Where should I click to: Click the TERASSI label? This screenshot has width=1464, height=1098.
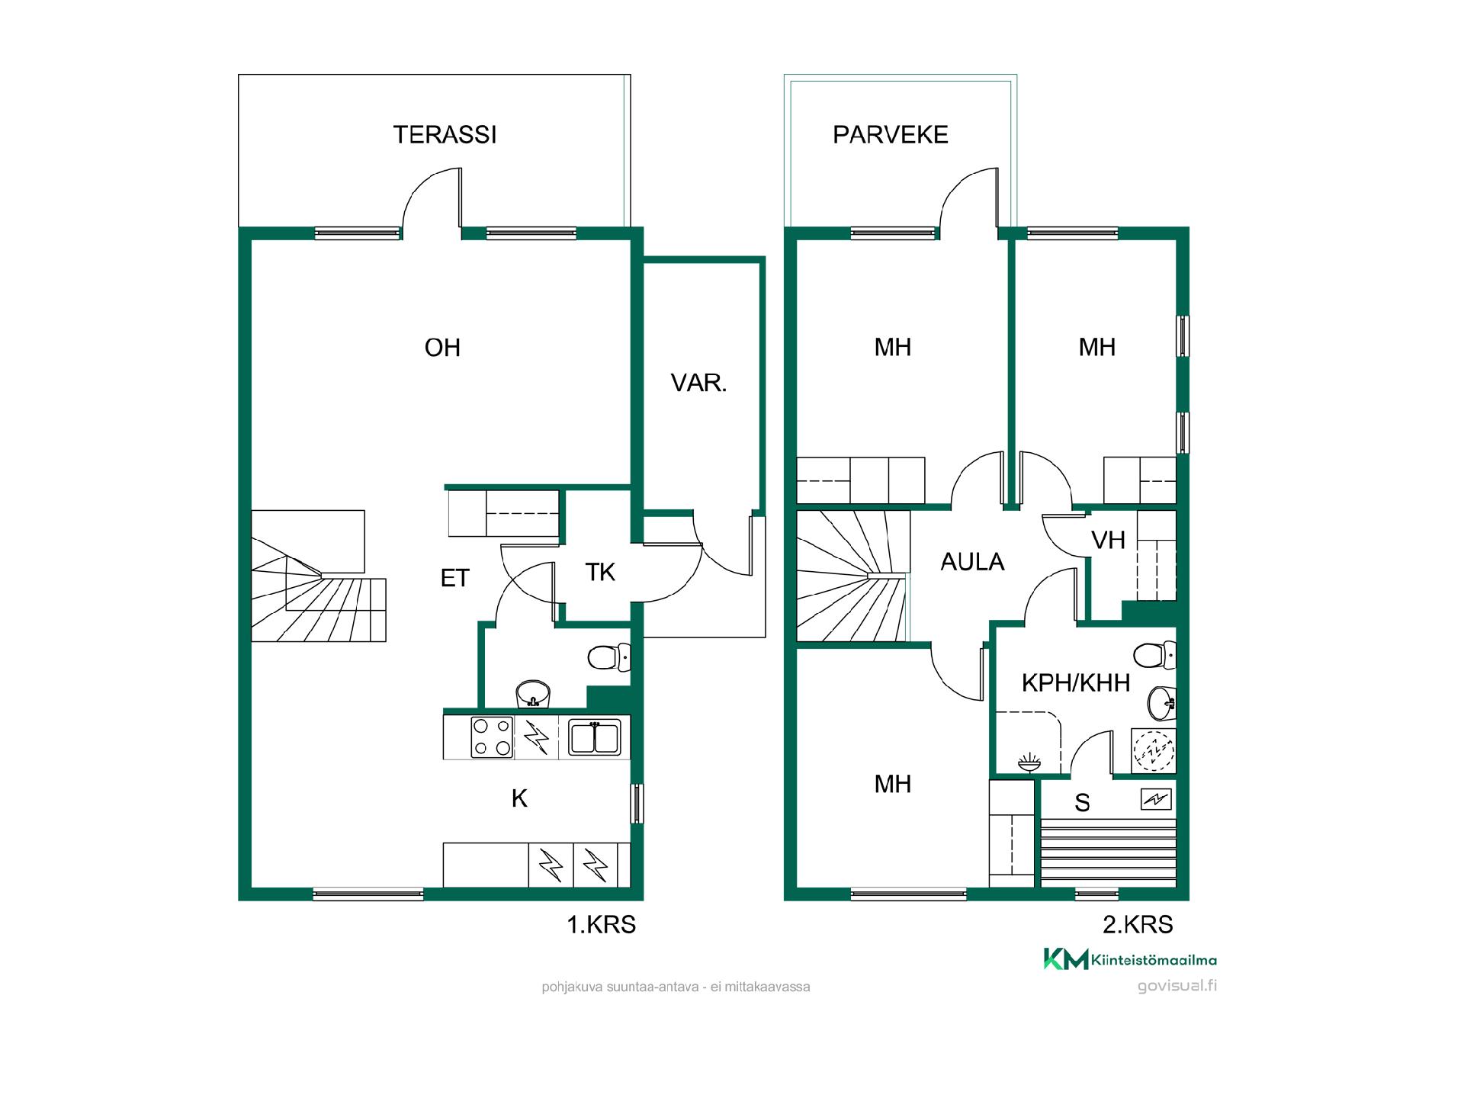point(445,135)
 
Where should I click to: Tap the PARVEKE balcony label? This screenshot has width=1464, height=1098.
point(890,135)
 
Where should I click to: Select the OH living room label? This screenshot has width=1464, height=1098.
point(442,348)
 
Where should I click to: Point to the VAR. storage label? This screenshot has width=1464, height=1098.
point(698,383)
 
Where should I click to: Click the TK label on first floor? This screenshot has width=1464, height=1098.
point(600,573)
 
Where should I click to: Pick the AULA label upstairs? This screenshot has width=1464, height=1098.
point(972,562)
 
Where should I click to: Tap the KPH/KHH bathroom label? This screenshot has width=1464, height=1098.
point(1075,682)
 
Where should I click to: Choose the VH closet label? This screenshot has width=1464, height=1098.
point(1108,541)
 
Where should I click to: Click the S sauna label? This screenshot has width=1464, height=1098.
point(1082,802)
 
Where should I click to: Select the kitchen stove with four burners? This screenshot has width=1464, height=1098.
point(492,737)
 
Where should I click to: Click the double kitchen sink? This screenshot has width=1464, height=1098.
point(594,738)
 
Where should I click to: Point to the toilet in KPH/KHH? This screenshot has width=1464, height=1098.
point(1154,655)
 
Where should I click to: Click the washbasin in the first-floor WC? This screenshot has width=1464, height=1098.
point(534,694)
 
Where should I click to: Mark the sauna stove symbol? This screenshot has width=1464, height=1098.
point(1156,799)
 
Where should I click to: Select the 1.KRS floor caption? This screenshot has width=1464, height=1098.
point(601,925)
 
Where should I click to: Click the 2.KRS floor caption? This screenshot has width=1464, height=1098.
point(1138,925)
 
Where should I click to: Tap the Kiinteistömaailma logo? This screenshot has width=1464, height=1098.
point(1130,960)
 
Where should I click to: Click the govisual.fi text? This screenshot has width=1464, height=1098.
point(1177,986)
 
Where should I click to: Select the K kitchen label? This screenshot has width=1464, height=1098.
point(519,798)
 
